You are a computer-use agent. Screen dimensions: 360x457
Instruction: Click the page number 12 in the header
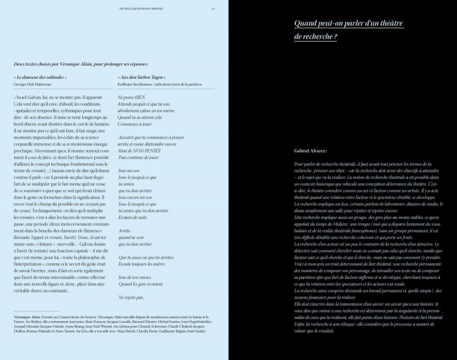(213, 9)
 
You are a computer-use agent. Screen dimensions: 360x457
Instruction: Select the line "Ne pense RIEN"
(130, 98)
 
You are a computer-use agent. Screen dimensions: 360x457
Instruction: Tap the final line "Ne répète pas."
(131, 297)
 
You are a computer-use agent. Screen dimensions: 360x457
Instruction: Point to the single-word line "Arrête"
(125, 230)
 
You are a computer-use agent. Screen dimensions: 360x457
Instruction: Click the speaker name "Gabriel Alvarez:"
(311, 150)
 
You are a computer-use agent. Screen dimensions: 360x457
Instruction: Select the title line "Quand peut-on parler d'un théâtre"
(348, 23)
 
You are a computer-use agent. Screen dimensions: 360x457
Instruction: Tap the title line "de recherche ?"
(315, 37)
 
